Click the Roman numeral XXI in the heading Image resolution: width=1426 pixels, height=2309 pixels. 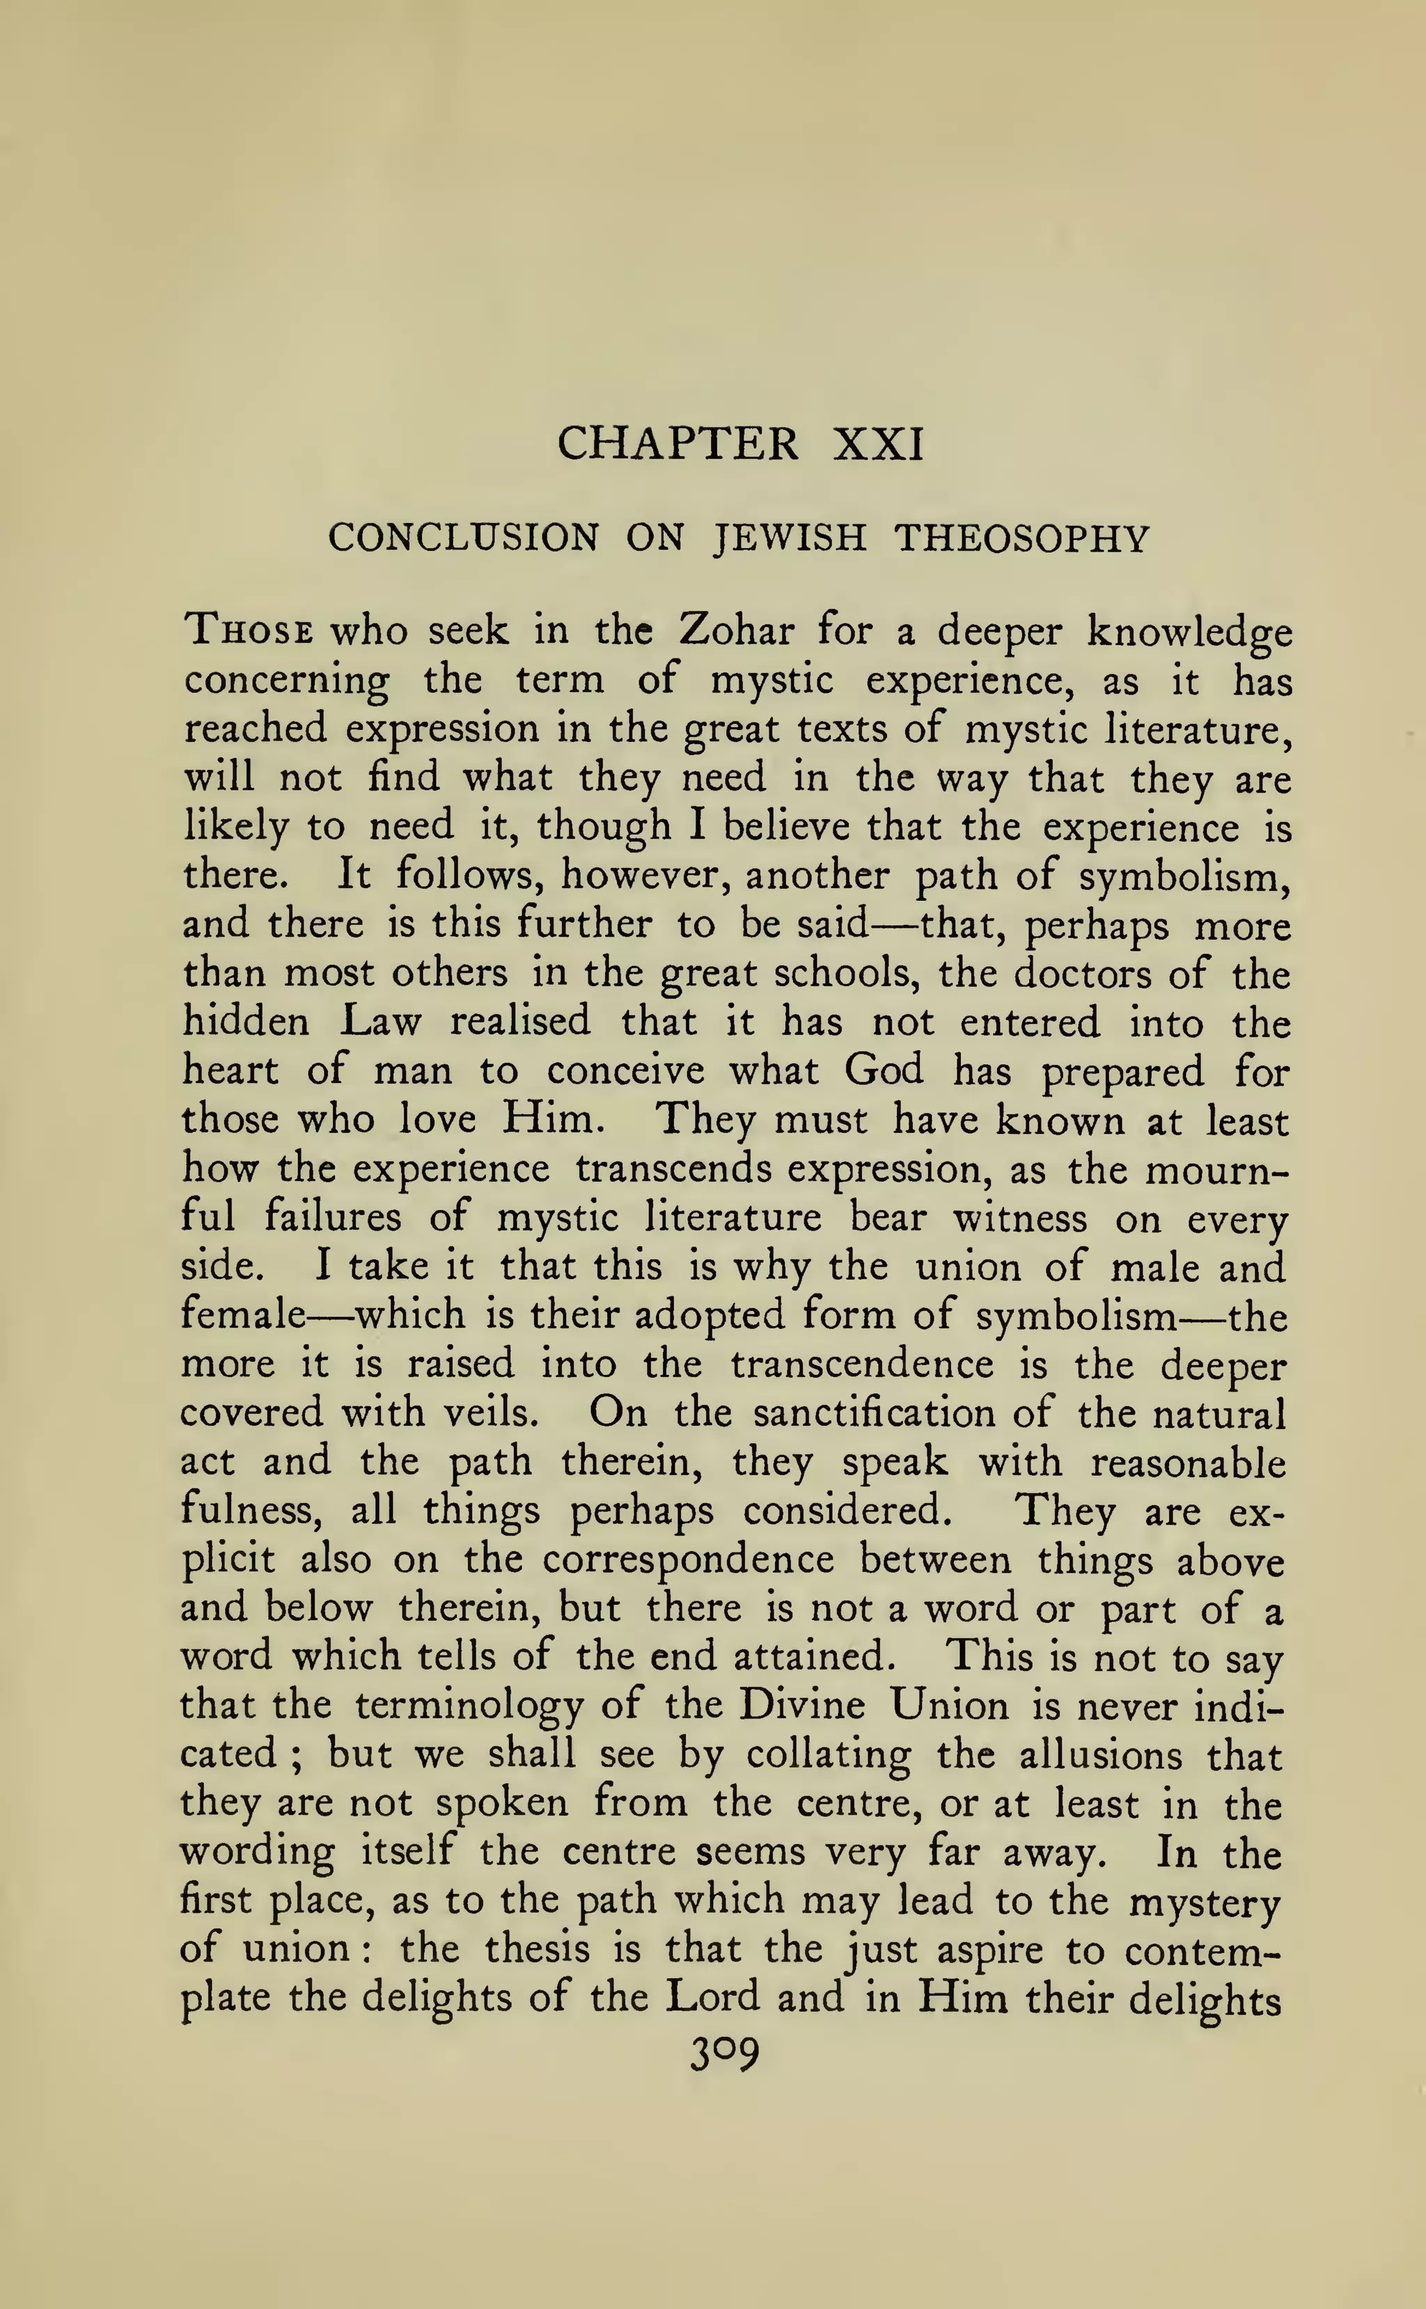click(878, 443)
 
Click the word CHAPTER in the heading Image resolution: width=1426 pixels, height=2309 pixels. click(678, 443)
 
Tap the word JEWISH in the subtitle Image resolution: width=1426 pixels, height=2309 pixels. click(788, 538)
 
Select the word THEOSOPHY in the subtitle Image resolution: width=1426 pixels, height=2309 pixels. click(1021, 538)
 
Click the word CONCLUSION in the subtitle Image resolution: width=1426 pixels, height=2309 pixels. click(463, 538)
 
